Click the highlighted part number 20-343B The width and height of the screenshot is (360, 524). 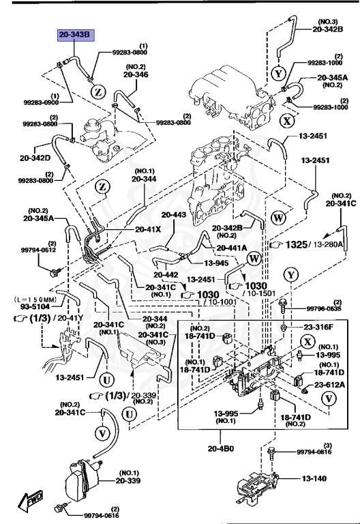pyautogui.click(x=74, y=34)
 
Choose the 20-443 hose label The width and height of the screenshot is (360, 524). pyautogui.click(x=173, y=214)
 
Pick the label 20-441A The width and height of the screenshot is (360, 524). pyautogui.click(x=232, y=248)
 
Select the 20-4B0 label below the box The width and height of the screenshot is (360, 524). pyautogui.click(x=220, y=448)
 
